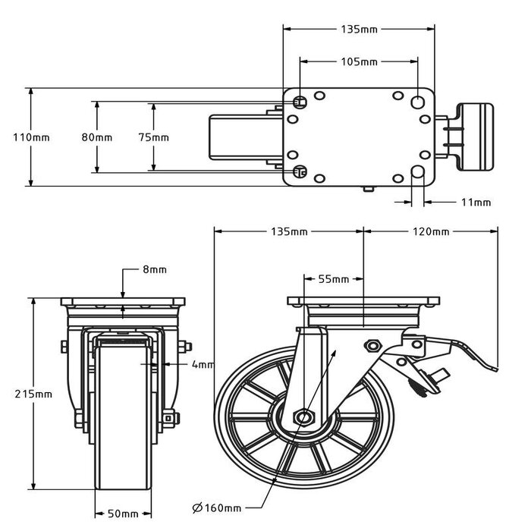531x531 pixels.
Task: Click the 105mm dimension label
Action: tap(359, 61)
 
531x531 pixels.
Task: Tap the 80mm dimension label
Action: tap(97, 137)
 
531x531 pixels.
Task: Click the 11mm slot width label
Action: tap(476, 203)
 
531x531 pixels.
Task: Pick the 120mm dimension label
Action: tap(430, 231)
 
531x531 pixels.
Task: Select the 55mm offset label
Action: tap(333, 279)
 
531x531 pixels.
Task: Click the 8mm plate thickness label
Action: tap(154, 269)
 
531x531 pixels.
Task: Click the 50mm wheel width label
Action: tap(121, 514)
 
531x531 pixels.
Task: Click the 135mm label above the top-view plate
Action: tap(359, 30)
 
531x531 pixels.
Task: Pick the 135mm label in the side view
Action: tap(290, 231)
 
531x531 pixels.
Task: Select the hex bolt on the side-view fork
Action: tap(372, 346)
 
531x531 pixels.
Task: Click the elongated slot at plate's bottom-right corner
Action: tap(418, 174)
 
